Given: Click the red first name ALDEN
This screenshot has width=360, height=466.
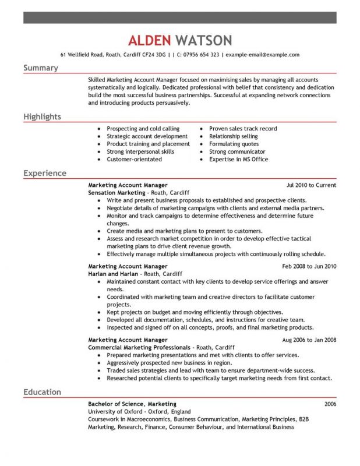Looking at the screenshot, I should pyautogui.click(x=149, y=40).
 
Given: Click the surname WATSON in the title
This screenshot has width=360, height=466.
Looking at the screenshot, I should pyautogui.click(x=203, y=40).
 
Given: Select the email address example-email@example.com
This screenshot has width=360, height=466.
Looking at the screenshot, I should pyautogui.click(x=262, y=55).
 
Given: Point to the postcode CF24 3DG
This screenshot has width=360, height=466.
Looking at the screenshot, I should pyautogui.click(x=151, y=55).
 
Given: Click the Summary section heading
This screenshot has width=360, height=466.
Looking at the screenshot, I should pyautogui.click(x=41, y=68).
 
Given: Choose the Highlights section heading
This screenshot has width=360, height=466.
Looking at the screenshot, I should pyautogui.click(x=42, y=117).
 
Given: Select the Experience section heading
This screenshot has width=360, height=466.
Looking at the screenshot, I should pyautogui.click(x=45, y=174).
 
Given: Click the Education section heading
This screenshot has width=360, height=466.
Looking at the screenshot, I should pyautogui.click(x=42, y=392).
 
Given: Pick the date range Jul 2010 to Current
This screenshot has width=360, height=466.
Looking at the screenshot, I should pyautogui.click(x=311, y=185).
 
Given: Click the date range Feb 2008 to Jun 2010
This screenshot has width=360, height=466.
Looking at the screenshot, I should pyautogui.click(x=309, y=266).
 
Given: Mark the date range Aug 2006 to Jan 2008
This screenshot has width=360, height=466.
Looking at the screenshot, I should pyautogui.click(x=309, y=340).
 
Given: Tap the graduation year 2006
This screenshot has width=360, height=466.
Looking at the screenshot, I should pyautogui.click(x=330, y=404).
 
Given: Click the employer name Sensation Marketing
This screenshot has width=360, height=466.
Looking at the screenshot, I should pyautogui.click(x=117, y=192).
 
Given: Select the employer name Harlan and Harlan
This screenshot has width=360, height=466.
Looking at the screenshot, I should pyautogui.click(x=113, y=273).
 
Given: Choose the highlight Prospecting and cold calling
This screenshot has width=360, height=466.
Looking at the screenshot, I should pyautogui.click(x=143, y=129).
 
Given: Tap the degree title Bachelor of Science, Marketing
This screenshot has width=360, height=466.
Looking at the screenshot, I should pyautogui.click(x=132, y=404).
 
